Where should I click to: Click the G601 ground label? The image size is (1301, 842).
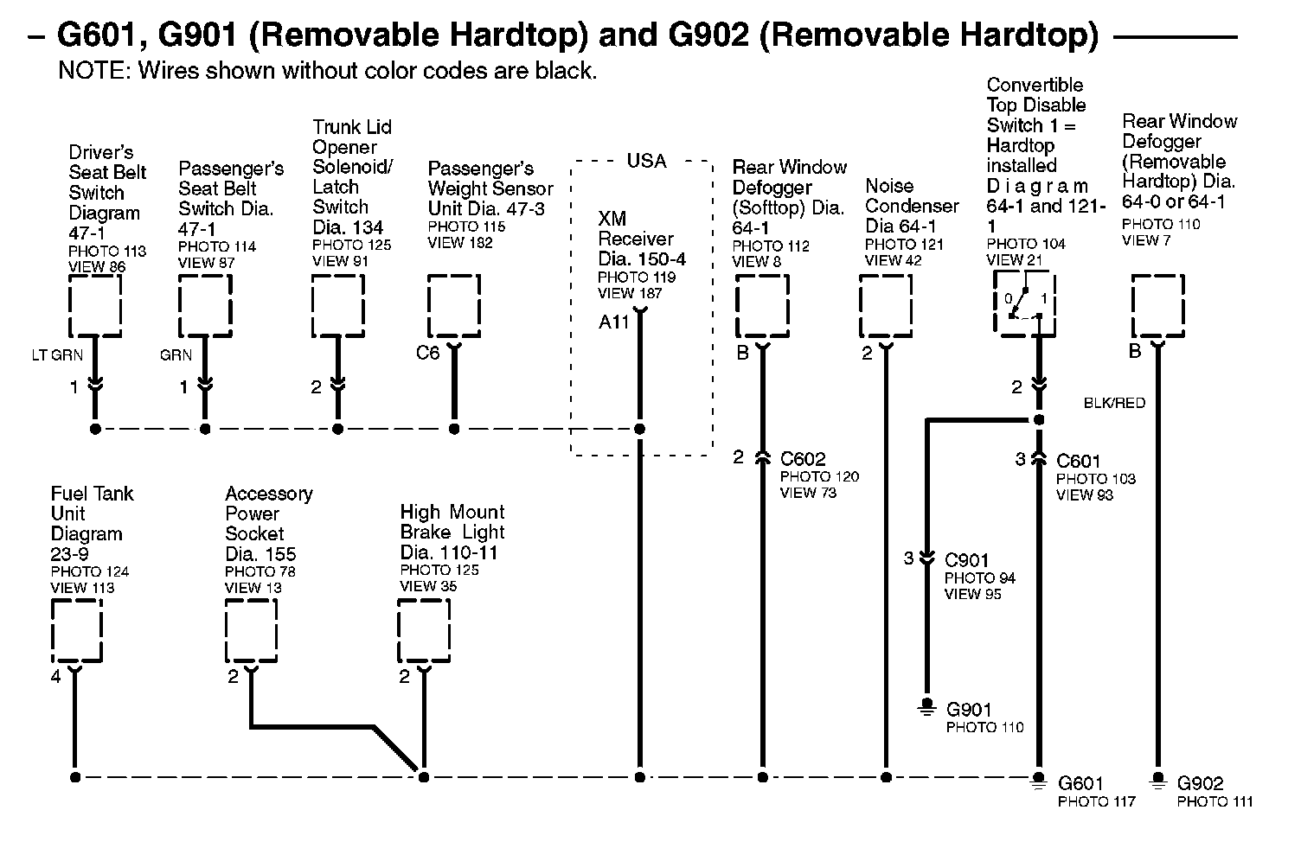(1080, 784)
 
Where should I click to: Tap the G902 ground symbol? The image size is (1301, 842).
(1157, 781)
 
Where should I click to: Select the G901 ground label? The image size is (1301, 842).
(969, 710)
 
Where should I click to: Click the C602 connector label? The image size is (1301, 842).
(803, 459)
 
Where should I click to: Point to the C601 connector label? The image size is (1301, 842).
(1079, 462)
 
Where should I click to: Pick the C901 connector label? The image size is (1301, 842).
(967, 560)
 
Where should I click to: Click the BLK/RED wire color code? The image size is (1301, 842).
(1114, 403)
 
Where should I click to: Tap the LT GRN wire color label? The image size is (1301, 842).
(56, 355)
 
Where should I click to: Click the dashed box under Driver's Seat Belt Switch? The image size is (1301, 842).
(94, 305)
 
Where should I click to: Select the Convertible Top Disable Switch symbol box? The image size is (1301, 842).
(1025, 304)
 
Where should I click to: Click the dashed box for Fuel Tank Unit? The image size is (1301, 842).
(76, 631)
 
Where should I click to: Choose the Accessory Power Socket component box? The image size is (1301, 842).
(251, 631)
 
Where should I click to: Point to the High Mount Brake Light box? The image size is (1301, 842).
(424, 631)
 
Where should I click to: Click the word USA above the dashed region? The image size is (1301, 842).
(647, 161)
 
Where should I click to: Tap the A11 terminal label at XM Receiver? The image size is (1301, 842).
(614, 322)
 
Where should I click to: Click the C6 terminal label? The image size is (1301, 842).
(428, 353)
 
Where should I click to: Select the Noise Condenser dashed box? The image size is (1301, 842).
(885, 306)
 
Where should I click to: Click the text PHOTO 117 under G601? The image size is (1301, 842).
(1096, 802)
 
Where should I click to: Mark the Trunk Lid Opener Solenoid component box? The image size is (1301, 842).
(337, 305)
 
